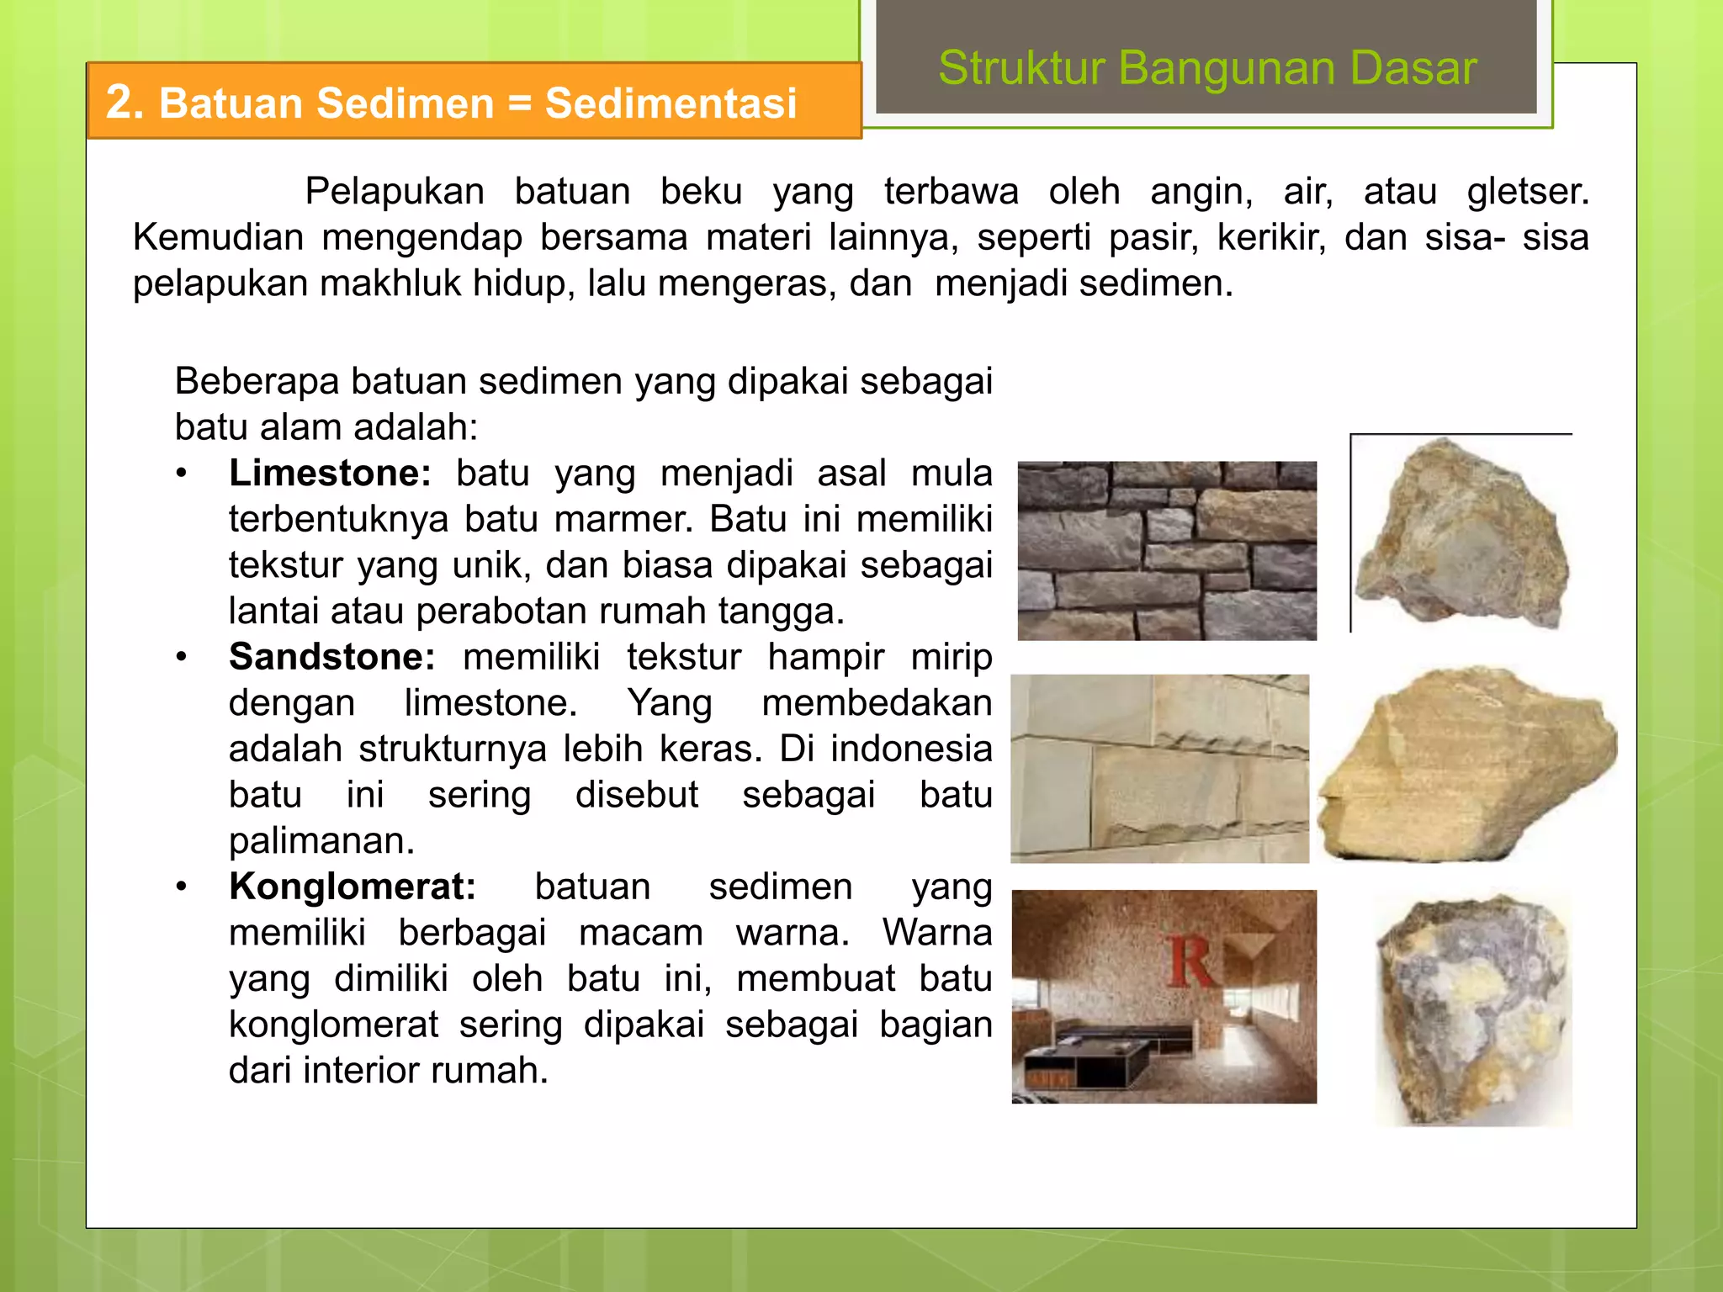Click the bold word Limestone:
click(329, 474)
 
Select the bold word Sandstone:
click(331, 657)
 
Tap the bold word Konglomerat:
click(352, 887)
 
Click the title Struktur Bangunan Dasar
click(1206, 68)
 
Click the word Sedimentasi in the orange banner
click(671, 103)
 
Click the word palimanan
click(321, 840)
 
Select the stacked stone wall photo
click(1166, 551)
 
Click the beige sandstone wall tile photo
click(1159, 768)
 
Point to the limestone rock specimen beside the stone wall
click(1462, 536)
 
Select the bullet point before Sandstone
click(182, 657)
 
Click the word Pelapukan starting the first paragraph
click(394, 192)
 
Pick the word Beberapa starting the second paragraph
click(257, 381)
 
